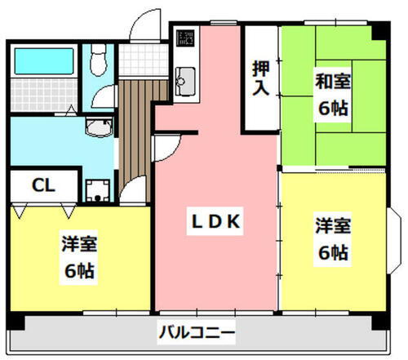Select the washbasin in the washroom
tap(99, 127)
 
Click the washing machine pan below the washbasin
tap(99, 189)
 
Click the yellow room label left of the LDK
tap(79, 256)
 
